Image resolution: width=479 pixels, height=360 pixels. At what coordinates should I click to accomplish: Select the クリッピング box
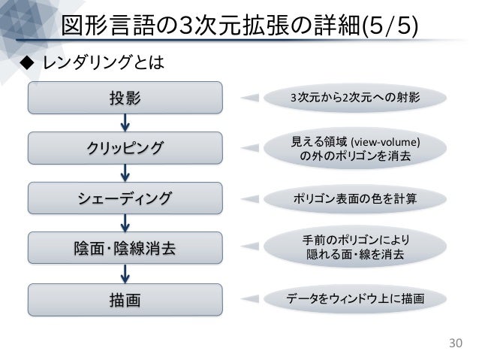pyautogui.click(x=125, y=147)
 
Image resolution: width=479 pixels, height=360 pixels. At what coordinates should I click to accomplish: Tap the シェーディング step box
pyautogui.click(x=125, y=198)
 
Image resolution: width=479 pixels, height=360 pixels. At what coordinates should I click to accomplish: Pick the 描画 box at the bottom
pyautogui.click(x=125, y=299)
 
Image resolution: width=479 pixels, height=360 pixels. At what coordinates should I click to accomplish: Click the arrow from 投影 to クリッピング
pyautogui.click(x=125, y=122)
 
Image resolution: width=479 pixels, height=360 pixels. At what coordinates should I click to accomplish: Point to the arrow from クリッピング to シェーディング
pyautogui.click(x=125, y=173)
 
